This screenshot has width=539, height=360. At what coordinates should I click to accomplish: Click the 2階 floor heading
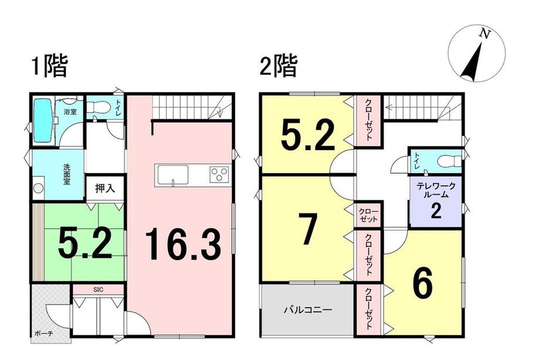click(x=279, y=66)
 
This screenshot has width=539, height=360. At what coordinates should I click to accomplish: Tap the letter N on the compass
click(x=484, y=35)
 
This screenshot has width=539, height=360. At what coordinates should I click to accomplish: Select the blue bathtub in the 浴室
click(x=43, y=121)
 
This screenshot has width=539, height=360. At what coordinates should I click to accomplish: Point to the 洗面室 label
click(x=67, y=174)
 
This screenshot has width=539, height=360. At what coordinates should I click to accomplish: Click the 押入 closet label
click(x=105, y=188)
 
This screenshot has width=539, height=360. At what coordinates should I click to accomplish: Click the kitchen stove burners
click(x=219, y=174)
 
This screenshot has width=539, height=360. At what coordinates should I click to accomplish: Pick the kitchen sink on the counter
click(x=172, y=174)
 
